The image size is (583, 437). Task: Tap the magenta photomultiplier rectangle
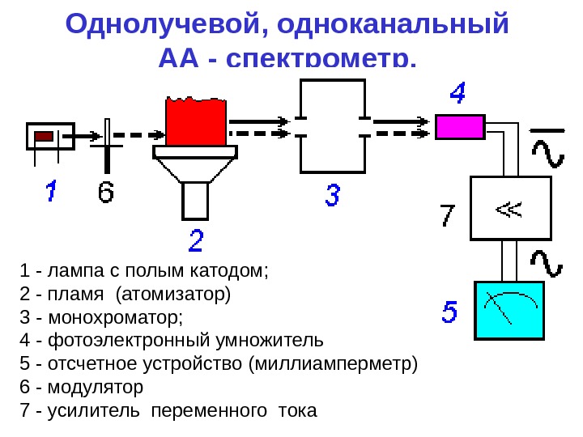point(460,127)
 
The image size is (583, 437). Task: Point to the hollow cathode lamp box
point(50,136)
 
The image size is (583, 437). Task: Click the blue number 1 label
point(50,193)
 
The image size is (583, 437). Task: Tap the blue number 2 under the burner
point(197,240)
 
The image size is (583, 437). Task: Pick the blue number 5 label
point(450,311)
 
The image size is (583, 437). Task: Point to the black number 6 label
point(107,193)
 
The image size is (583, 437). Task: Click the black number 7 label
point(448,216)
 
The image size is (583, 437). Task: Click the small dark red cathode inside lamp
point(45,136)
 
